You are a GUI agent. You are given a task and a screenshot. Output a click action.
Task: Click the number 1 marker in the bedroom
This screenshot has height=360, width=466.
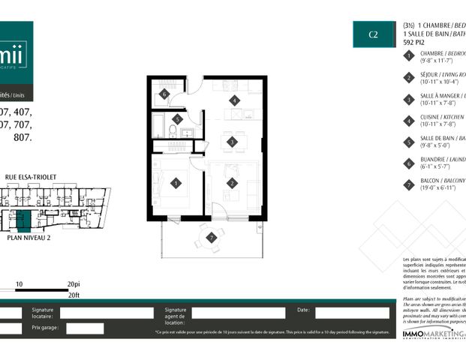175,182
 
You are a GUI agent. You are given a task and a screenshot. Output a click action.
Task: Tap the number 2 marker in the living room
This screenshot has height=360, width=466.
232,182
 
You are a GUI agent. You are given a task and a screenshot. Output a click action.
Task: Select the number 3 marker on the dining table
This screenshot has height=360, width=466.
233,141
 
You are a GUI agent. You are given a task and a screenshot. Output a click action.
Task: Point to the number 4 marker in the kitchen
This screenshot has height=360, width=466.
234,100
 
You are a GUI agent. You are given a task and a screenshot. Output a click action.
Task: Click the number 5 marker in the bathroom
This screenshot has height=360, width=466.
177,119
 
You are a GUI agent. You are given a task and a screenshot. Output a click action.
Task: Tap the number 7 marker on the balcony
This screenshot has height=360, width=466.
212,238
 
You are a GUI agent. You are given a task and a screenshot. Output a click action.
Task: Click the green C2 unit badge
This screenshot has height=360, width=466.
372,34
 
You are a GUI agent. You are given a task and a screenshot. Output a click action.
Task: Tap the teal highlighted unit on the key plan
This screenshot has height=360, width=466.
23,220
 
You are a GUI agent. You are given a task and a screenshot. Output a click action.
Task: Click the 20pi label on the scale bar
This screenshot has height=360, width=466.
73,285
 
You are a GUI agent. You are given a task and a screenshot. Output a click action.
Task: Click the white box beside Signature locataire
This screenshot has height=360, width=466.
109,313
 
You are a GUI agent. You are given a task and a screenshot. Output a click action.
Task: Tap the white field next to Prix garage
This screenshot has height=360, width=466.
85,328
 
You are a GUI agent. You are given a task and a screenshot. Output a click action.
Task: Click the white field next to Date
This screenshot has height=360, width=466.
350,312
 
